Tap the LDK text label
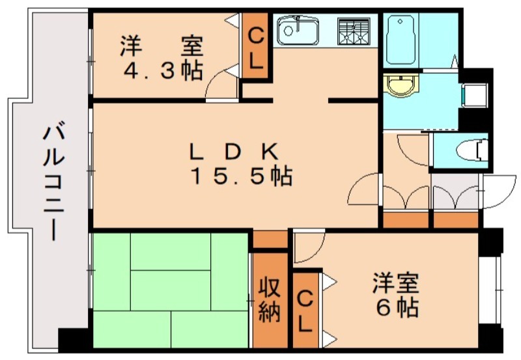234,152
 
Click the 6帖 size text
397,307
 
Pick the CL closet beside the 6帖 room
305,311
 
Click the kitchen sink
297,30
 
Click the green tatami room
171,290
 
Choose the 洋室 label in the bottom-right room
396,284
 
